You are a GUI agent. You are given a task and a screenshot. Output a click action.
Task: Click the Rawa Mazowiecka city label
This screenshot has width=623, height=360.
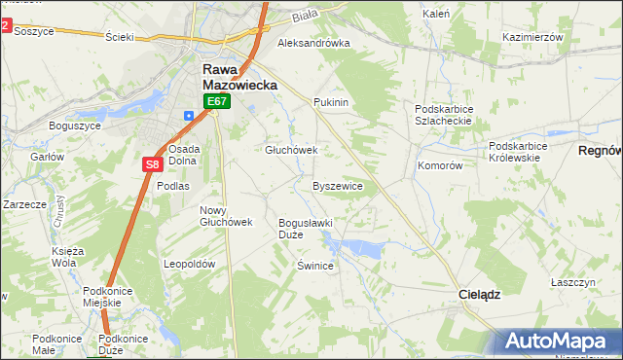239,77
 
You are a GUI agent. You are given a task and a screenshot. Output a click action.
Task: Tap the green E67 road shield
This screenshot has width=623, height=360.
216,101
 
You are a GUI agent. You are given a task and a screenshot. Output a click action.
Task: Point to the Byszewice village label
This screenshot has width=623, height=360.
338,185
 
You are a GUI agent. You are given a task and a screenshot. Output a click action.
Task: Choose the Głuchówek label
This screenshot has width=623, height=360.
292,150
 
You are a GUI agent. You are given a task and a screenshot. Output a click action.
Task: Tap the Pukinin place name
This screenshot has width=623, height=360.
331,101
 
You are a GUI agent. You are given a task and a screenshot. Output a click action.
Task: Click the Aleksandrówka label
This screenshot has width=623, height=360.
313,44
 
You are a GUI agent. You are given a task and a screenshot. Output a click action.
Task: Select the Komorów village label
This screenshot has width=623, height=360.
440,165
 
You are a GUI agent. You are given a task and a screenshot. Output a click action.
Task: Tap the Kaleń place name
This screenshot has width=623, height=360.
435,15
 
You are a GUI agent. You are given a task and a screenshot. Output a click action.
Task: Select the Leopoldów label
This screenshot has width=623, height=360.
190,264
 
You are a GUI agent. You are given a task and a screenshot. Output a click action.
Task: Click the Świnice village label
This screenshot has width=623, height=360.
316,266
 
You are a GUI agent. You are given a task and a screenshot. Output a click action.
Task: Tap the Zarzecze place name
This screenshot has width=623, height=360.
24,205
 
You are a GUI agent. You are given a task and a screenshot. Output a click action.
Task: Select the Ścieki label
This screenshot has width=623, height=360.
119,37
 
